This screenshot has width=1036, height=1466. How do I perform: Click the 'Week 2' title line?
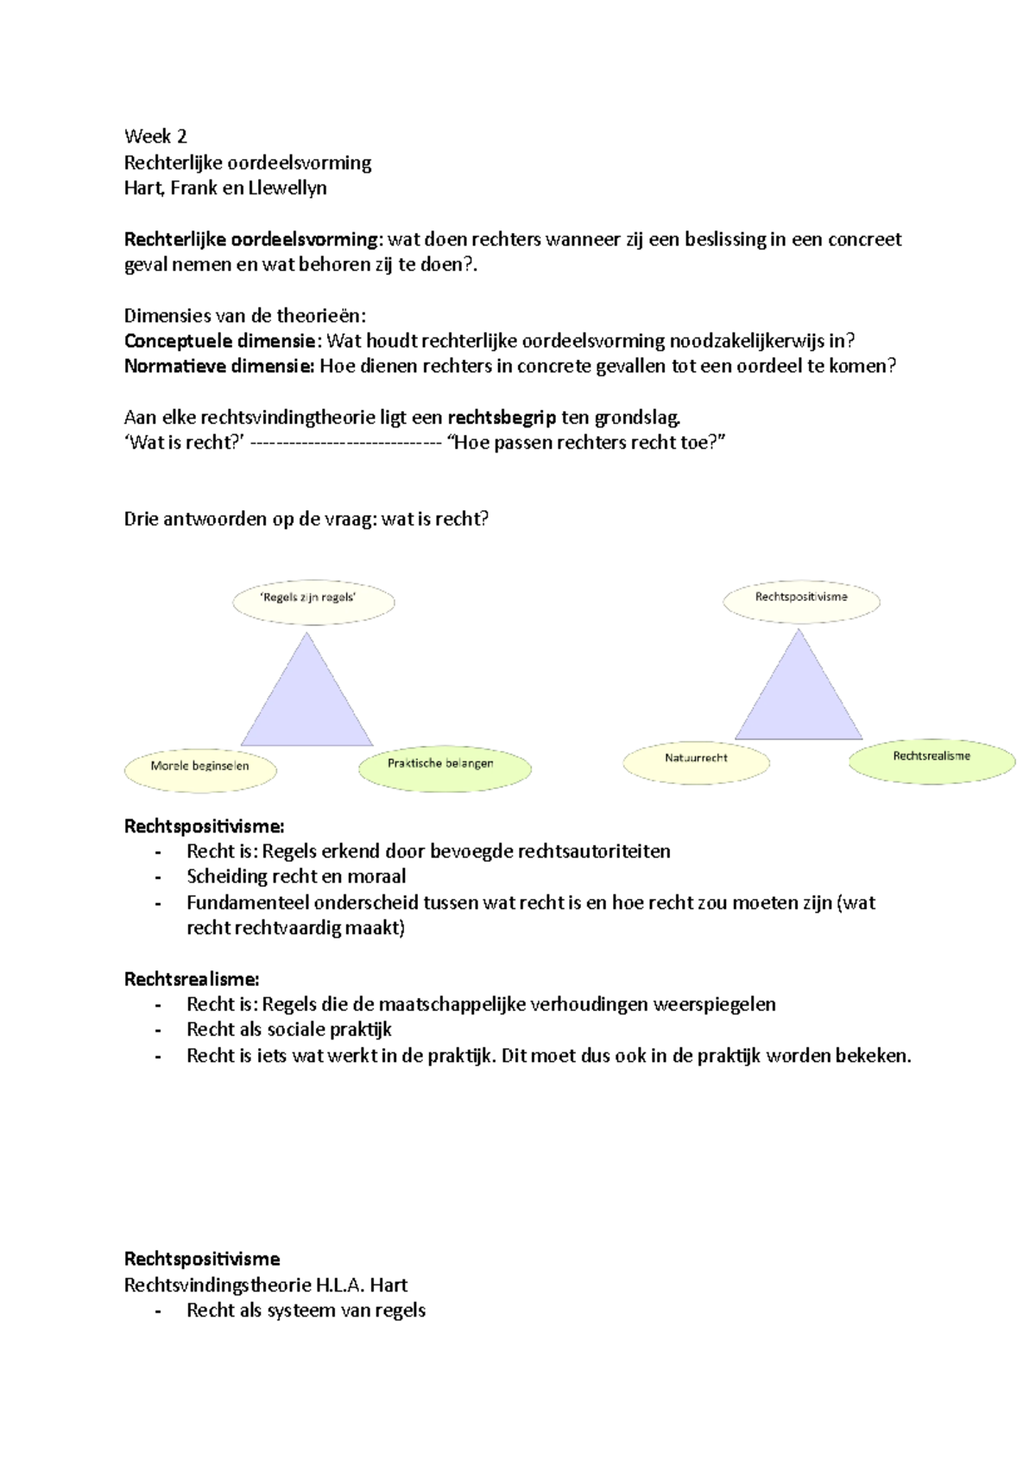tap(155, 136)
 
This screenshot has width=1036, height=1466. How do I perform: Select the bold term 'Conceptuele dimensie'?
tap(219, 341)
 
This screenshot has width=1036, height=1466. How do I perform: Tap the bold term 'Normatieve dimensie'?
tap(219, 366)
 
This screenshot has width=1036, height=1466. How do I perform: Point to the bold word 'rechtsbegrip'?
tap(502, 418)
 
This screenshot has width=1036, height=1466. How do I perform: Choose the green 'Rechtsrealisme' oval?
tap(932, 760)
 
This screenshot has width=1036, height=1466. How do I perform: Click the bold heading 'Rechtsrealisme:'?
tap(192, 979)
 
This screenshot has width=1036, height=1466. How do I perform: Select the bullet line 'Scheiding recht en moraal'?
tap(296, 877)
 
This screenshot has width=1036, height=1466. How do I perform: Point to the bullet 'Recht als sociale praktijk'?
tap(289, 1030)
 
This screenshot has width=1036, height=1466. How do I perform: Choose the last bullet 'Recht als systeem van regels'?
tap(306, 1311)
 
